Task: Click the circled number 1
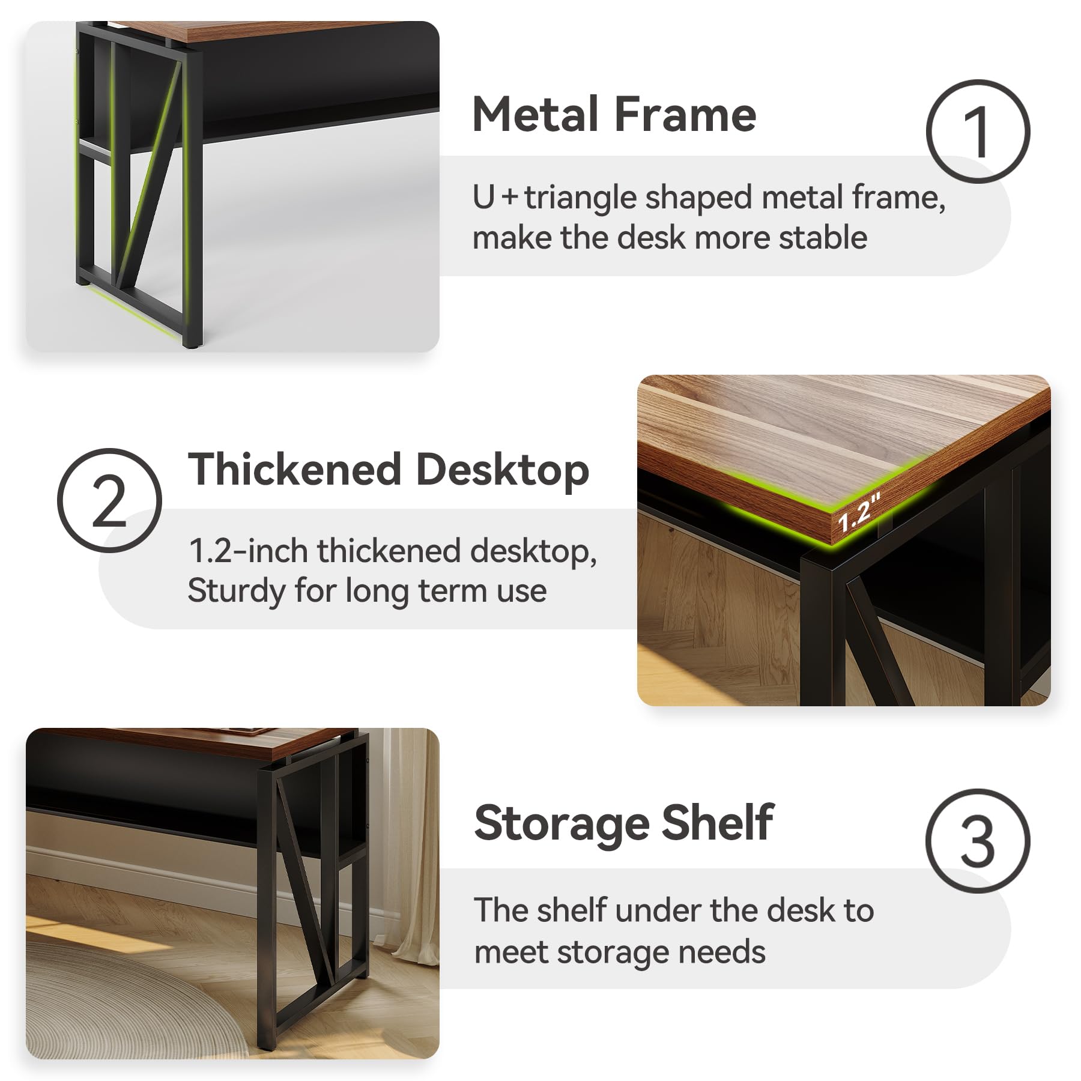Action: tap(978, 132)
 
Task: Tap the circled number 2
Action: tap(109, 500)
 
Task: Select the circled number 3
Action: tap(978, 841)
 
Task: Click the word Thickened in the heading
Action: tap(295, 469)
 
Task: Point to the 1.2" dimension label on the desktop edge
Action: tap(859, 512)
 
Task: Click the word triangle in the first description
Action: tap(580, 199)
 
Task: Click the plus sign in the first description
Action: tap(510, 197)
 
